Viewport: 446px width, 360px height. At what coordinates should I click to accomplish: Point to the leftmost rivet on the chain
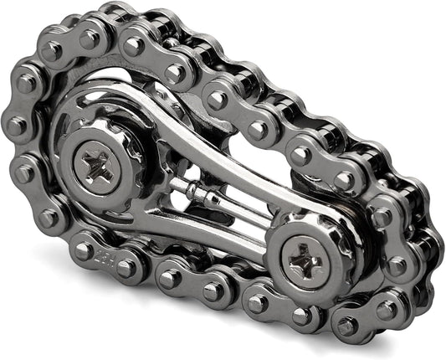[x=16, y=126]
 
